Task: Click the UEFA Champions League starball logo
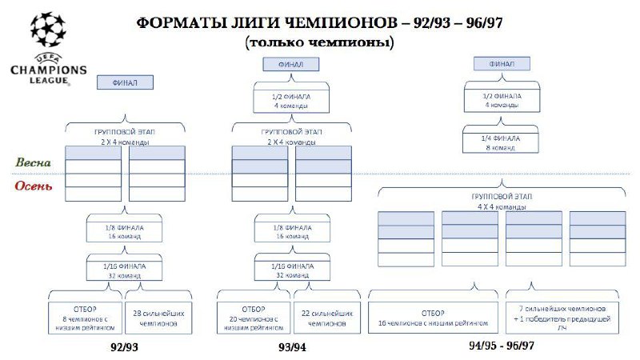[x=47, y=30]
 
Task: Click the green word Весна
[x=33, y=162]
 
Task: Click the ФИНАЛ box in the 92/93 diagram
[x=124, y=82]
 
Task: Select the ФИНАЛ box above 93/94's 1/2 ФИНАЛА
[x=290, y=64]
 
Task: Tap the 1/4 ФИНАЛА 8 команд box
[x=502, y=142]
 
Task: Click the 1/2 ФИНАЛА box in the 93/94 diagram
[x=291, y=101]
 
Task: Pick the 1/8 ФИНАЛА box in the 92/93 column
[x=124, y=232]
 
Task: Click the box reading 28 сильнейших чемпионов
[x=161, y=317]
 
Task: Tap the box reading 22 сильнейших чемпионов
[x=326, y=317]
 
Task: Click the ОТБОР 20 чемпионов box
[x=253, y=316]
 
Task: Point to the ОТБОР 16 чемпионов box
[x=433, y=317]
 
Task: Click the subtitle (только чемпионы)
[x=320, y=42]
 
